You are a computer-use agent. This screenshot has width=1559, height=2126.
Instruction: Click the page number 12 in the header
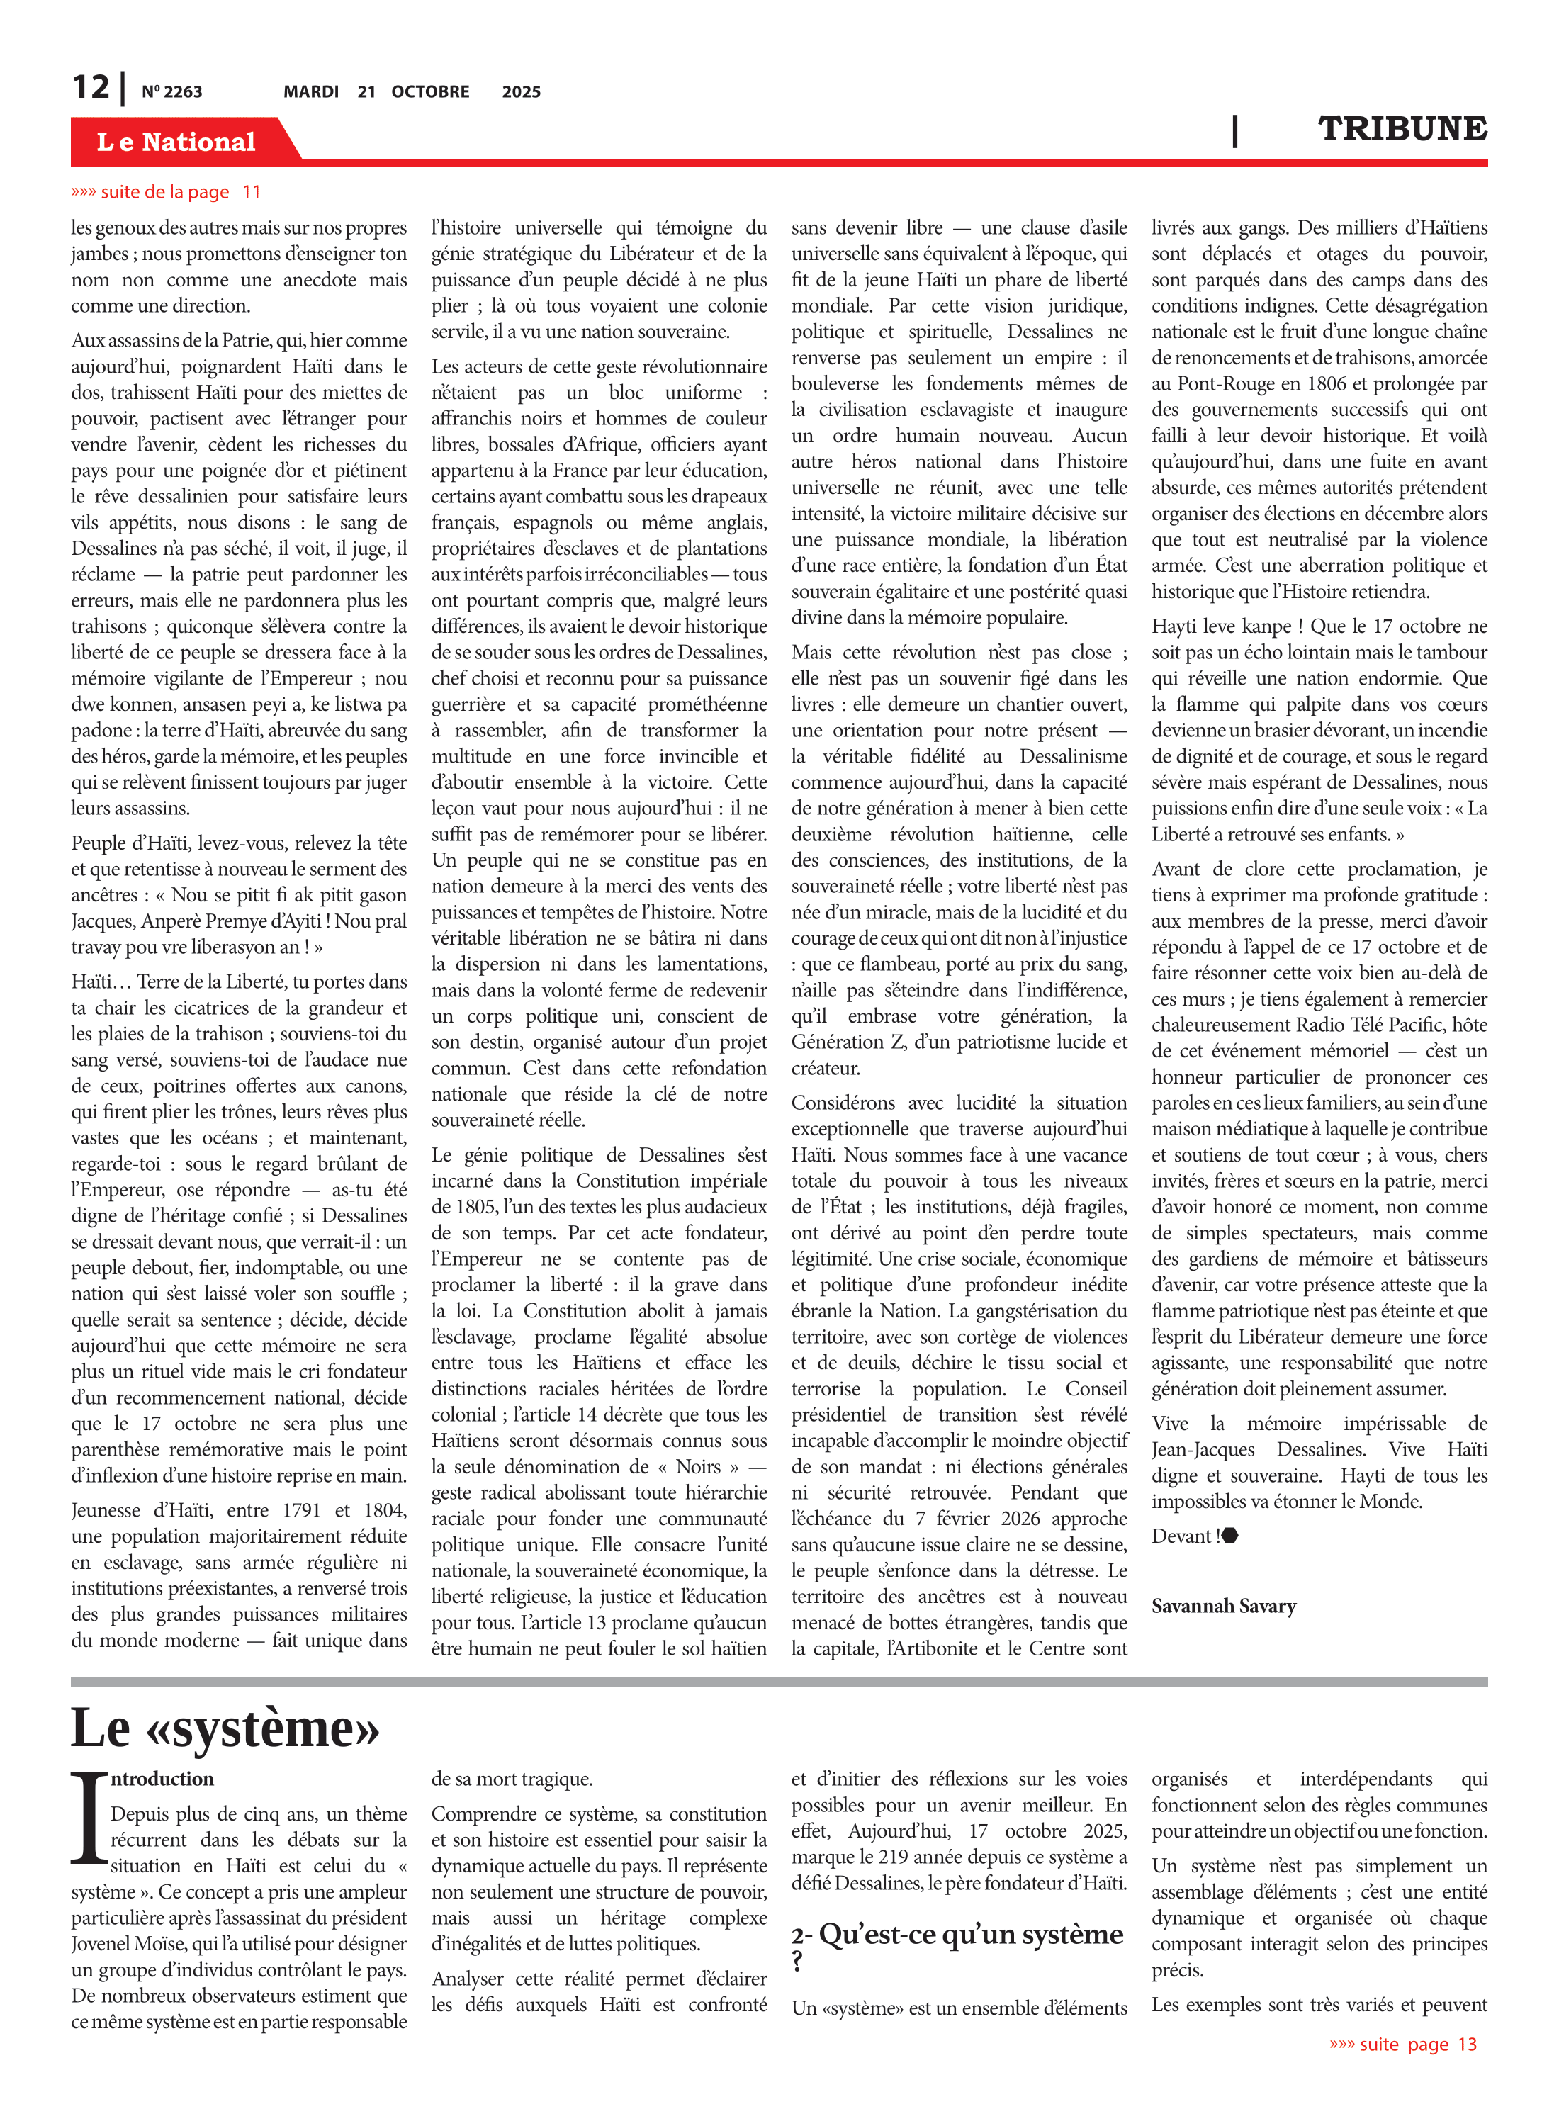[x=91, y=87]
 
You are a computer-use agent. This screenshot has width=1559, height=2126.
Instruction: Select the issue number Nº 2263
[x=171, y=91]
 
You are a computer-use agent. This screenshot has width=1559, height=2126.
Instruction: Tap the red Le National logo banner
[x=176, y=142]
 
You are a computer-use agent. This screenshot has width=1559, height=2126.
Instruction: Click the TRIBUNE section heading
[x=1402, y=129]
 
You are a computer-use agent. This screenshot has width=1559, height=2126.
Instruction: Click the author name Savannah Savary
[x=1223, y=1606]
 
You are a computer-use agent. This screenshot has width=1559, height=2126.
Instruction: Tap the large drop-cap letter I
[x=90, y=1818]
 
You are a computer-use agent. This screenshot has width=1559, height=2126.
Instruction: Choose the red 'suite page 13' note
[x=1403, y=2044]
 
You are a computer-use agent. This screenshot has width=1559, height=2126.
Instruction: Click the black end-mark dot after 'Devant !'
[x=1229, y=1535]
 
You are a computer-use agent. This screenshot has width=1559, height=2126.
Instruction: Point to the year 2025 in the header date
[x=521, y=91]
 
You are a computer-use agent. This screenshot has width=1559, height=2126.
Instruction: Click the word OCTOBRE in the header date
[x=430, y=91]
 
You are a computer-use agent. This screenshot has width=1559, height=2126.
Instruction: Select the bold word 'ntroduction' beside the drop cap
[x=162, y=1779]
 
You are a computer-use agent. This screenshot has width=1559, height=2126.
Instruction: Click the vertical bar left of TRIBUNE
[x=1234, y=130]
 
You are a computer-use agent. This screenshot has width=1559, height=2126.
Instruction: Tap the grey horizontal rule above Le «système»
[x=779, y=1681]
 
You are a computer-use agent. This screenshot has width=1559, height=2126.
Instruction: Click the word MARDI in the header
[x=310, y=91]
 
